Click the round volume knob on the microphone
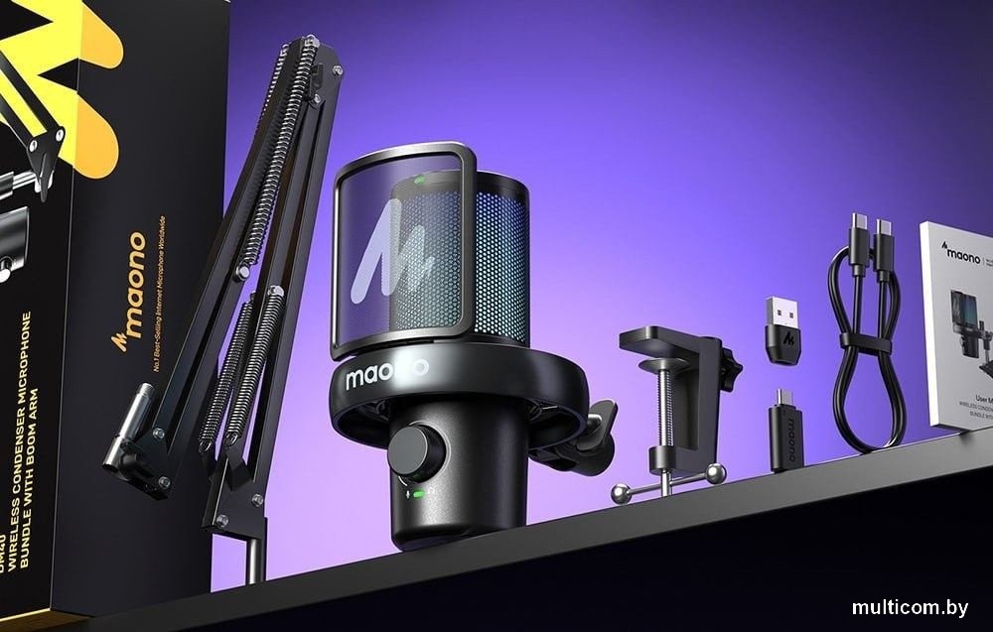[x=414, y=451]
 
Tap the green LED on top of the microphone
[x=420, y=180]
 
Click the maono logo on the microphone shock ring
[x=386, y=375]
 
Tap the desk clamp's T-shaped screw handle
[x=666, y=483]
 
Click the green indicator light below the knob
[x=419, y=493]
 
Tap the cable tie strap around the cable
[x=863, y=341]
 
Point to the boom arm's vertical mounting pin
[x=255, y=557]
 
